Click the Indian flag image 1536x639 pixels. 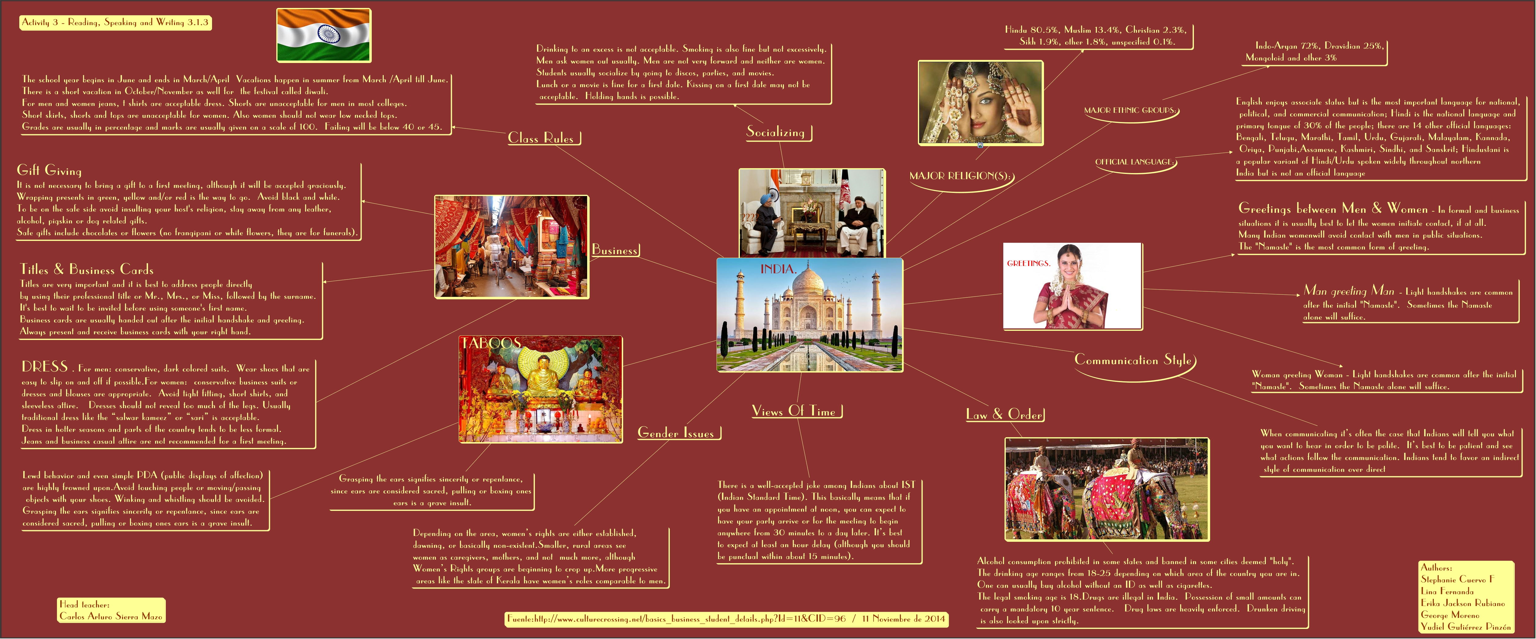coord(324,35)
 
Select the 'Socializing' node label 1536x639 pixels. coord(776,132)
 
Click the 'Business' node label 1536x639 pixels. coord(615,250)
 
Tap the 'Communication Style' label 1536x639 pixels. coord(1133,360)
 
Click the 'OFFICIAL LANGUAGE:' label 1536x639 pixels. coord(1135,162)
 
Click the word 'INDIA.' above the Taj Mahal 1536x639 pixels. coord(778,269)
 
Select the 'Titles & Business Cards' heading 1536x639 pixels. coord(87,269)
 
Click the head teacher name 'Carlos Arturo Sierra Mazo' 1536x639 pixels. coord(111,616)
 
